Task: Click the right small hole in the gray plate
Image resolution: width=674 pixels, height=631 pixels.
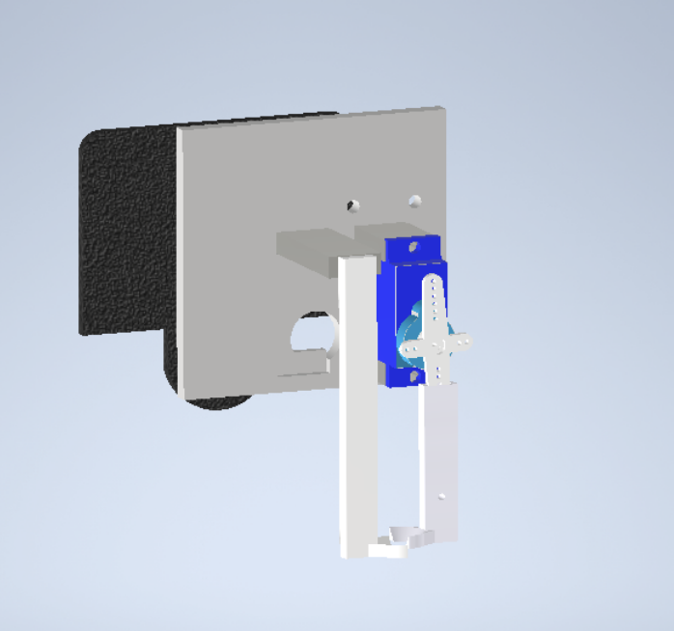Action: (415, 201)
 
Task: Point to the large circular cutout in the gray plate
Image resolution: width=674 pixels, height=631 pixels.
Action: (310, 334)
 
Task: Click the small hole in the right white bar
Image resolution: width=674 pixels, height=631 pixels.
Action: (441, 497)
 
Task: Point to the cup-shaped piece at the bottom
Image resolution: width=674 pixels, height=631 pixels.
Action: (407, 534)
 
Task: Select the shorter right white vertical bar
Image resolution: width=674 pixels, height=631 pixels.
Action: (440, 453)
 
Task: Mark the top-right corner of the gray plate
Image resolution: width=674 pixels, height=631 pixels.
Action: (443, 109)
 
